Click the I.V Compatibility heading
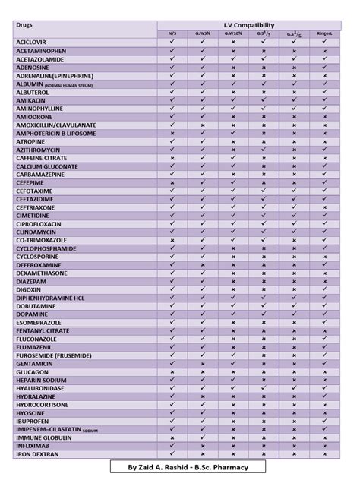pyautogui.click(x=254, y=25)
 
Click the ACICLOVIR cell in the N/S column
pyautogui.click(x=172, y=42)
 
